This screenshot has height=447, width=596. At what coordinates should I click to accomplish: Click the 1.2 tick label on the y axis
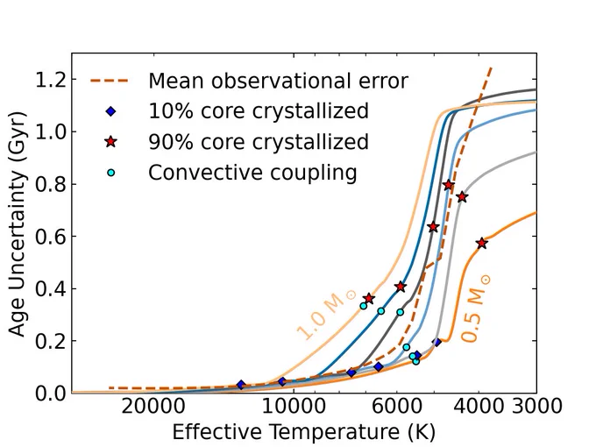pos(51,81)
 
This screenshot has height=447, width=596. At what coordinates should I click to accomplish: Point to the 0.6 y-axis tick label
pos(51,237)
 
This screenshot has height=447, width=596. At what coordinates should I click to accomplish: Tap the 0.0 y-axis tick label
pos(51,394)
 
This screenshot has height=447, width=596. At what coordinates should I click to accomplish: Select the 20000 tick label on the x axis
pos(153,407)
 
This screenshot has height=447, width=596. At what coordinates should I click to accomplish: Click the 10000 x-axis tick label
pos(294,407)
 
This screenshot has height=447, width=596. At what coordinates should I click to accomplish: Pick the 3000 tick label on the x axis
pos(536,406)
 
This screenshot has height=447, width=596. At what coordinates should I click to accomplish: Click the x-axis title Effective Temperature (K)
pos(304,433)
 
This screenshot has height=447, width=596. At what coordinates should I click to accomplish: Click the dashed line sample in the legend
pos(110,81)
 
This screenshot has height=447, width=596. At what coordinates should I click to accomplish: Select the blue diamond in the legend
pos(110,111)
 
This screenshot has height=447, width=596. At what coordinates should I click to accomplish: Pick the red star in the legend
pos(110,142)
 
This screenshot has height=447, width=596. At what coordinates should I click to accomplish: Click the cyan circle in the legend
pos(110,173)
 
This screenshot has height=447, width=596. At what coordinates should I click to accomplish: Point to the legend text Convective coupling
pos(252,173)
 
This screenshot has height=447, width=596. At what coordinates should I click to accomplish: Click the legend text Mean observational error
pos(278,81)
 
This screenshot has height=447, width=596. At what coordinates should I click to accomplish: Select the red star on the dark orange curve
pos(482,244)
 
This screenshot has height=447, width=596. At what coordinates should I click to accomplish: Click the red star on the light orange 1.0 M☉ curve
pos(368,298)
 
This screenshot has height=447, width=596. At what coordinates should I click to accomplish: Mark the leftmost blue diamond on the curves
pos(241,385)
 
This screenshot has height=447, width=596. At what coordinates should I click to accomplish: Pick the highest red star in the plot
pos(449,185)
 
